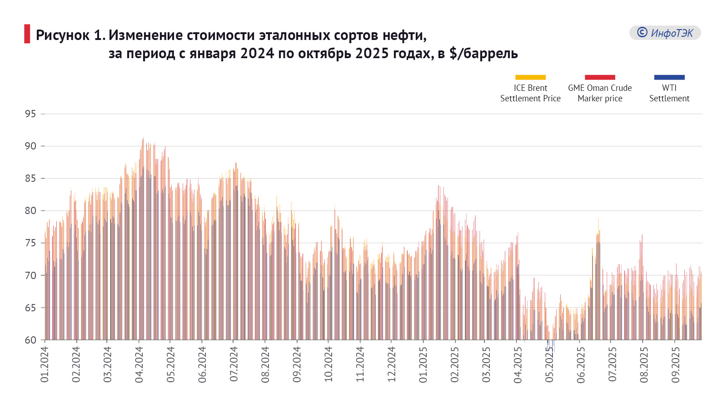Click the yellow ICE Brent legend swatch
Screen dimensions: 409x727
[x=530, y=77]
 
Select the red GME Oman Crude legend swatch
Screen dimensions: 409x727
[x=600, y=77]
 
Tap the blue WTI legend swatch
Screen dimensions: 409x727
[x=669, y=77]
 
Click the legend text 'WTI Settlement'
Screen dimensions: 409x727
[x=669, y=93]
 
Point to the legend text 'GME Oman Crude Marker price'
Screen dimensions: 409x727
[x=600, y=93]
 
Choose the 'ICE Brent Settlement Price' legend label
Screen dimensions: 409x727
[x=530, y=93]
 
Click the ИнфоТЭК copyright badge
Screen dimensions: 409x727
[x=665, y=33]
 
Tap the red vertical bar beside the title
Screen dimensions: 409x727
[x=27, y=34]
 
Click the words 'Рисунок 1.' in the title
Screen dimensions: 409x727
[x=70, y=35]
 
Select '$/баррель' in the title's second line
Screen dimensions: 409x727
[x=483, y=54]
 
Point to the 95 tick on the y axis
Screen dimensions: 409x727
[x=30, y=114]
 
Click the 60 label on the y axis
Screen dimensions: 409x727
[x=30, y=340]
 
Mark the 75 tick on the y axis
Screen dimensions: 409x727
[x=30, y=243]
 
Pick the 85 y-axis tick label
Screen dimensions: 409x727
[x=30, y=179]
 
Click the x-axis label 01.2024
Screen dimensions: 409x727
[x=45, y=364]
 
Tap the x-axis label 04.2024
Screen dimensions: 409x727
[x=139, y=364]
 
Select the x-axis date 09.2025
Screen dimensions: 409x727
[x=676, y=364]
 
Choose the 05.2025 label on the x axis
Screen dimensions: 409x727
[x=549, y=364]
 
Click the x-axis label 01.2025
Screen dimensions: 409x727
[x=423, y=364]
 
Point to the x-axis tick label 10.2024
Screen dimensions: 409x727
[x=329, y=364]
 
